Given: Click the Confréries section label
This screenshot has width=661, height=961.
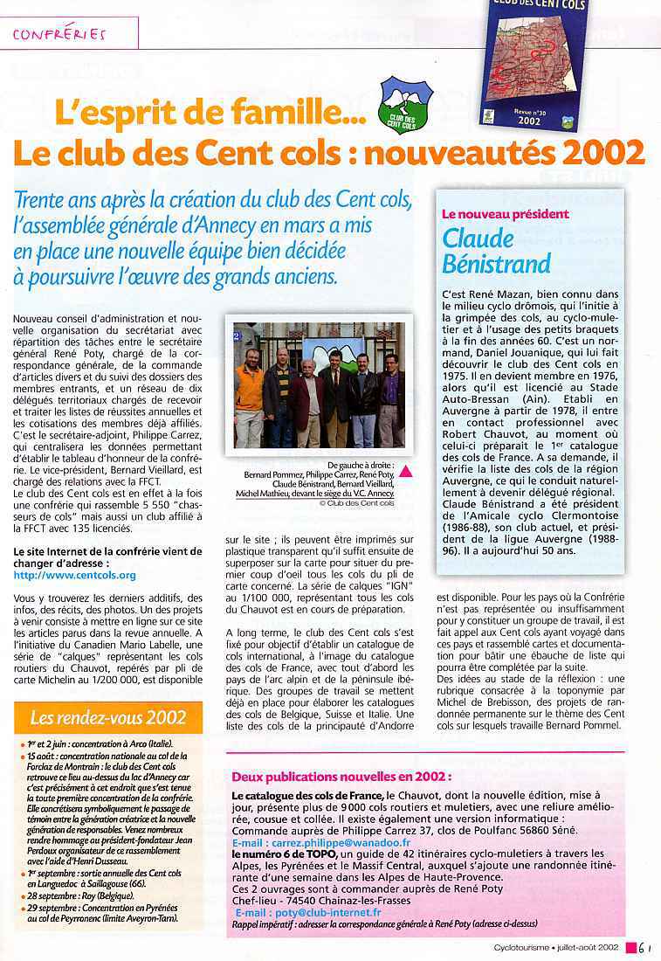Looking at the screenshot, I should coord(59,34).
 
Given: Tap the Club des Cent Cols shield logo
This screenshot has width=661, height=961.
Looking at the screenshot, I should coord(405,106).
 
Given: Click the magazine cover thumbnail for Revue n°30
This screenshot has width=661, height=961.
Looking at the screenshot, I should coord(534,65).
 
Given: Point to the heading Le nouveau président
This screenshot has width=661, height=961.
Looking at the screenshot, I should coord(506,214).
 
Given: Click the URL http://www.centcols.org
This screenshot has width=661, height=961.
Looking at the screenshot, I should coord(75,576).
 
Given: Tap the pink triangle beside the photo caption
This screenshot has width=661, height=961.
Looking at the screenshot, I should coord(404,472).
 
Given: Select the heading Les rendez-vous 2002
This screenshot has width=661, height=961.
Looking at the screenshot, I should coord(108,718).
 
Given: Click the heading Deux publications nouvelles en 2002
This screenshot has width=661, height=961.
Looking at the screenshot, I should coord(342,776).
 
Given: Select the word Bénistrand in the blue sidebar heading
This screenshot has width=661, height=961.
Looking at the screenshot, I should coord(496,264).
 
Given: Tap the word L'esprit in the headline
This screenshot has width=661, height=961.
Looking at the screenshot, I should coord(105,113).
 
